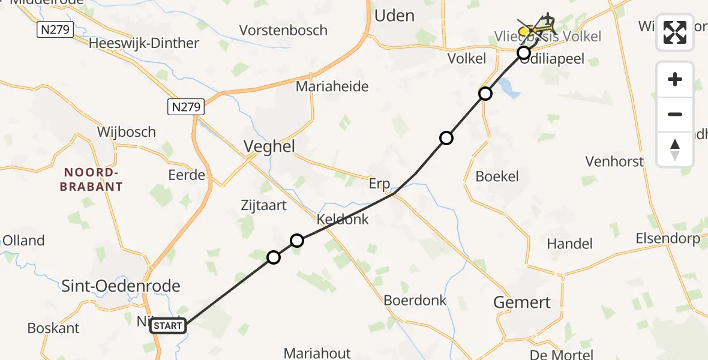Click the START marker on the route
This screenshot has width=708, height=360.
[168, 326]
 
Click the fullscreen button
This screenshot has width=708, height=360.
[675, 32]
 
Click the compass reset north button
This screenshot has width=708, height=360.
[675, 149]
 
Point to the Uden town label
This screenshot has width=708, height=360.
[394, 16]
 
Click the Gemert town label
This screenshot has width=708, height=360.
[521, 302]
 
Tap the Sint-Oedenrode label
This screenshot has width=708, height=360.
[121, 286]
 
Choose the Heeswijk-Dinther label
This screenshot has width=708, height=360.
[143, 43]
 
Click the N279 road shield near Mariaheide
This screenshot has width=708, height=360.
[186, 107]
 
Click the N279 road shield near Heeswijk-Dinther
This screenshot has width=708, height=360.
[55, 29]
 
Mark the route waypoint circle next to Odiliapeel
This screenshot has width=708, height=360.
[524, 53]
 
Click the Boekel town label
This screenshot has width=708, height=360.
[497, 176]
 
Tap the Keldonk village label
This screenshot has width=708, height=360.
[343, 219]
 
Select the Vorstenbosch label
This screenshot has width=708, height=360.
[283, 30]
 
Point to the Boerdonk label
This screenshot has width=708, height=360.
[415, 300]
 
